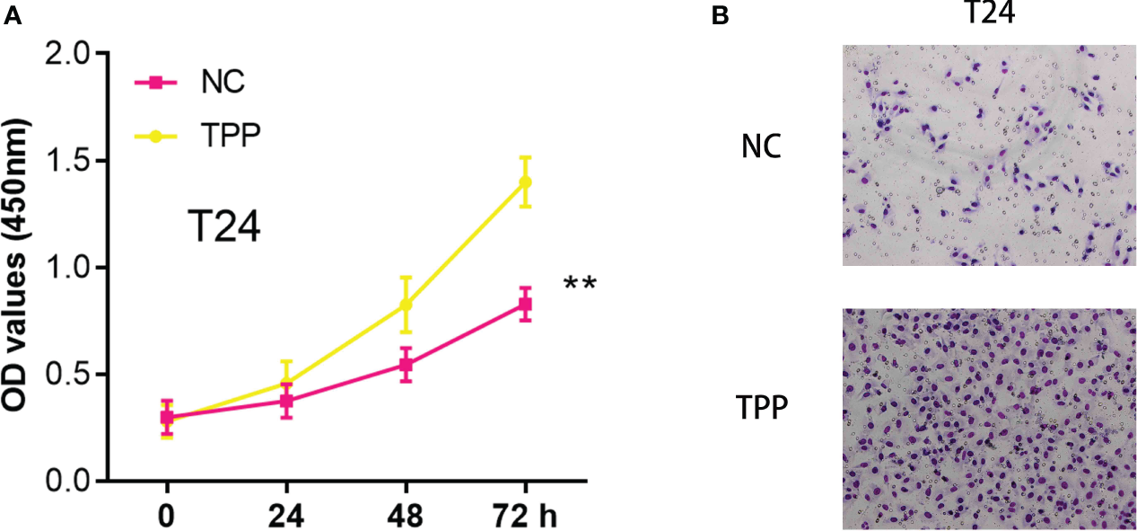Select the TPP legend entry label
[x=231, y=136]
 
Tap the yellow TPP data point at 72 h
[x=525, y=181]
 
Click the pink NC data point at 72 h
[x=525, y=305]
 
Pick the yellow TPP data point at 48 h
[x=406, y=305]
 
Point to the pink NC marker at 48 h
[x=406, y=365]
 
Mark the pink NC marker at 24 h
[x=286, y=401]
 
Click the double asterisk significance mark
[x=580, y=286]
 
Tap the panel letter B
[x=718, y=15]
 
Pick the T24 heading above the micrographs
[x=988, y=12]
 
